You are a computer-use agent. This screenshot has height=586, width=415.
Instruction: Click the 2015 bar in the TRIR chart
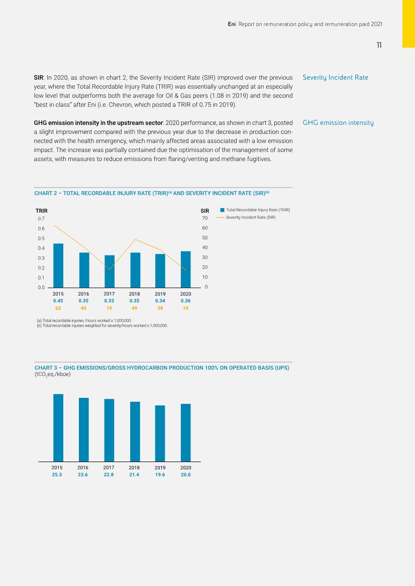(x=58, y=265)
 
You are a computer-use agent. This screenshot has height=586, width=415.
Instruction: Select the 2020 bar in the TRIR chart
(x=186, y=269)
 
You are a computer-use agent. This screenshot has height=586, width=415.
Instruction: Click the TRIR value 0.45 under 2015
(x=58, y=301)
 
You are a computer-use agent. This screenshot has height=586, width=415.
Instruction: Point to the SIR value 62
(x=58, y=309)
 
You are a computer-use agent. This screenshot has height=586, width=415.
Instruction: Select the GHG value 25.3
(x=57, y=475)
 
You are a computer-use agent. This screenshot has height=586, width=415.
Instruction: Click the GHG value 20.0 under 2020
(x=186, y=475)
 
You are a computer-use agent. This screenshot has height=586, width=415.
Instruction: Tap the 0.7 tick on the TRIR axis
(x=41, y=219)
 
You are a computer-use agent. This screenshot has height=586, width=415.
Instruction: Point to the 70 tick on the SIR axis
(x=205, y=218)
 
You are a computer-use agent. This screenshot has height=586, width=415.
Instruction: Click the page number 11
(x=379, y=45)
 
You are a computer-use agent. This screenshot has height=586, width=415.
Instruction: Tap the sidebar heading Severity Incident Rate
(x=335, y=78)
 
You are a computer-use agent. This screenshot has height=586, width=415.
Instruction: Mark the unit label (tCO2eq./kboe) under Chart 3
(x=55, y=374)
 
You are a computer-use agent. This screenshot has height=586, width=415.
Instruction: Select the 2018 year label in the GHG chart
(x=135, y=467)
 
